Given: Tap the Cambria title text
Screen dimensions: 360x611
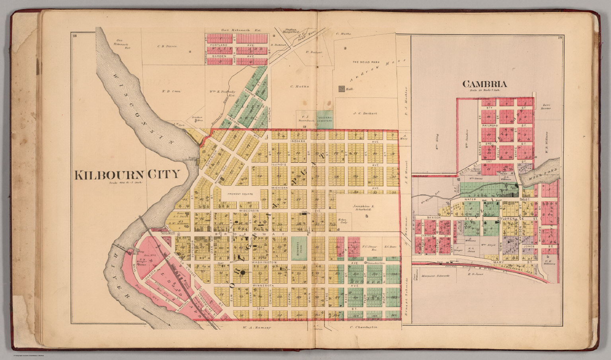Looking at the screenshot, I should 485,84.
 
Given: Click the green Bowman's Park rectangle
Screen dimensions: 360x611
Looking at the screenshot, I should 299,249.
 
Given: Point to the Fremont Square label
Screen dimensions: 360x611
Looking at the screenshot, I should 240,194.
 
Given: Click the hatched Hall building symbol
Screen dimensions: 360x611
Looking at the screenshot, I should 341,90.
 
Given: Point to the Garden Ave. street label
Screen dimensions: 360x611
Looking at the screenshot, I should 220,56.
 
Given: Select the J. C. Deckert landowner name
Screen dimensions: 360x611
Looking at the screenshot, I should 365,113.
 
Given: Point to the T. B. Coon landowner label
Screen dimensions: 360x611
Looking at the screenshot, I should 171,91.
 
